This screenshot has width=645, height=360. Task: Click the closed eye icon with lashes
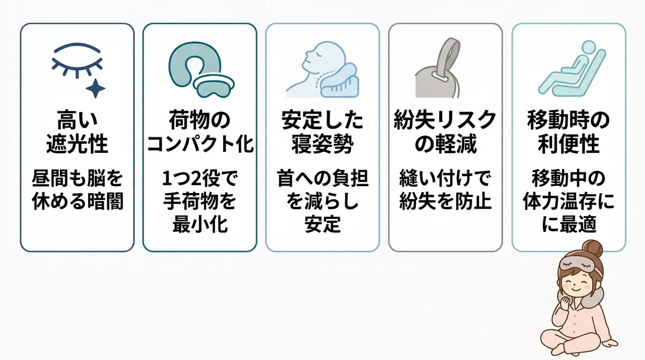[x=77, y=61]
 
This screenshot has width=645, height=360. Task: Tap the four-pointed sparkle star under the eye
[x=96, y=88]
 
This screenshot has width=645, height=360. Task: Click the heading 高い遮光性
[x=77, y=132]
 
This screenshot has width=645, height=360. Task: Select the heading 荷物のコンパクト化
[x=200, y=132]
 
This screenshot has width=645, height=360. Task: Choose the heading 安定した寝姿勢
[x=322, y=132]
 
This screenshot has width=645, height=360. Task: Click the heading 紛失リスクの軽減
[x=445, y=132]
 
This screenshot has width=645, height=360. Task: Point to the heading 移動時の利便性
[x=568, y=132]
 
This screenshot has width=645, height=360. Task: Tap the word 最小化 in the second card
[x=200, y=224]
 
